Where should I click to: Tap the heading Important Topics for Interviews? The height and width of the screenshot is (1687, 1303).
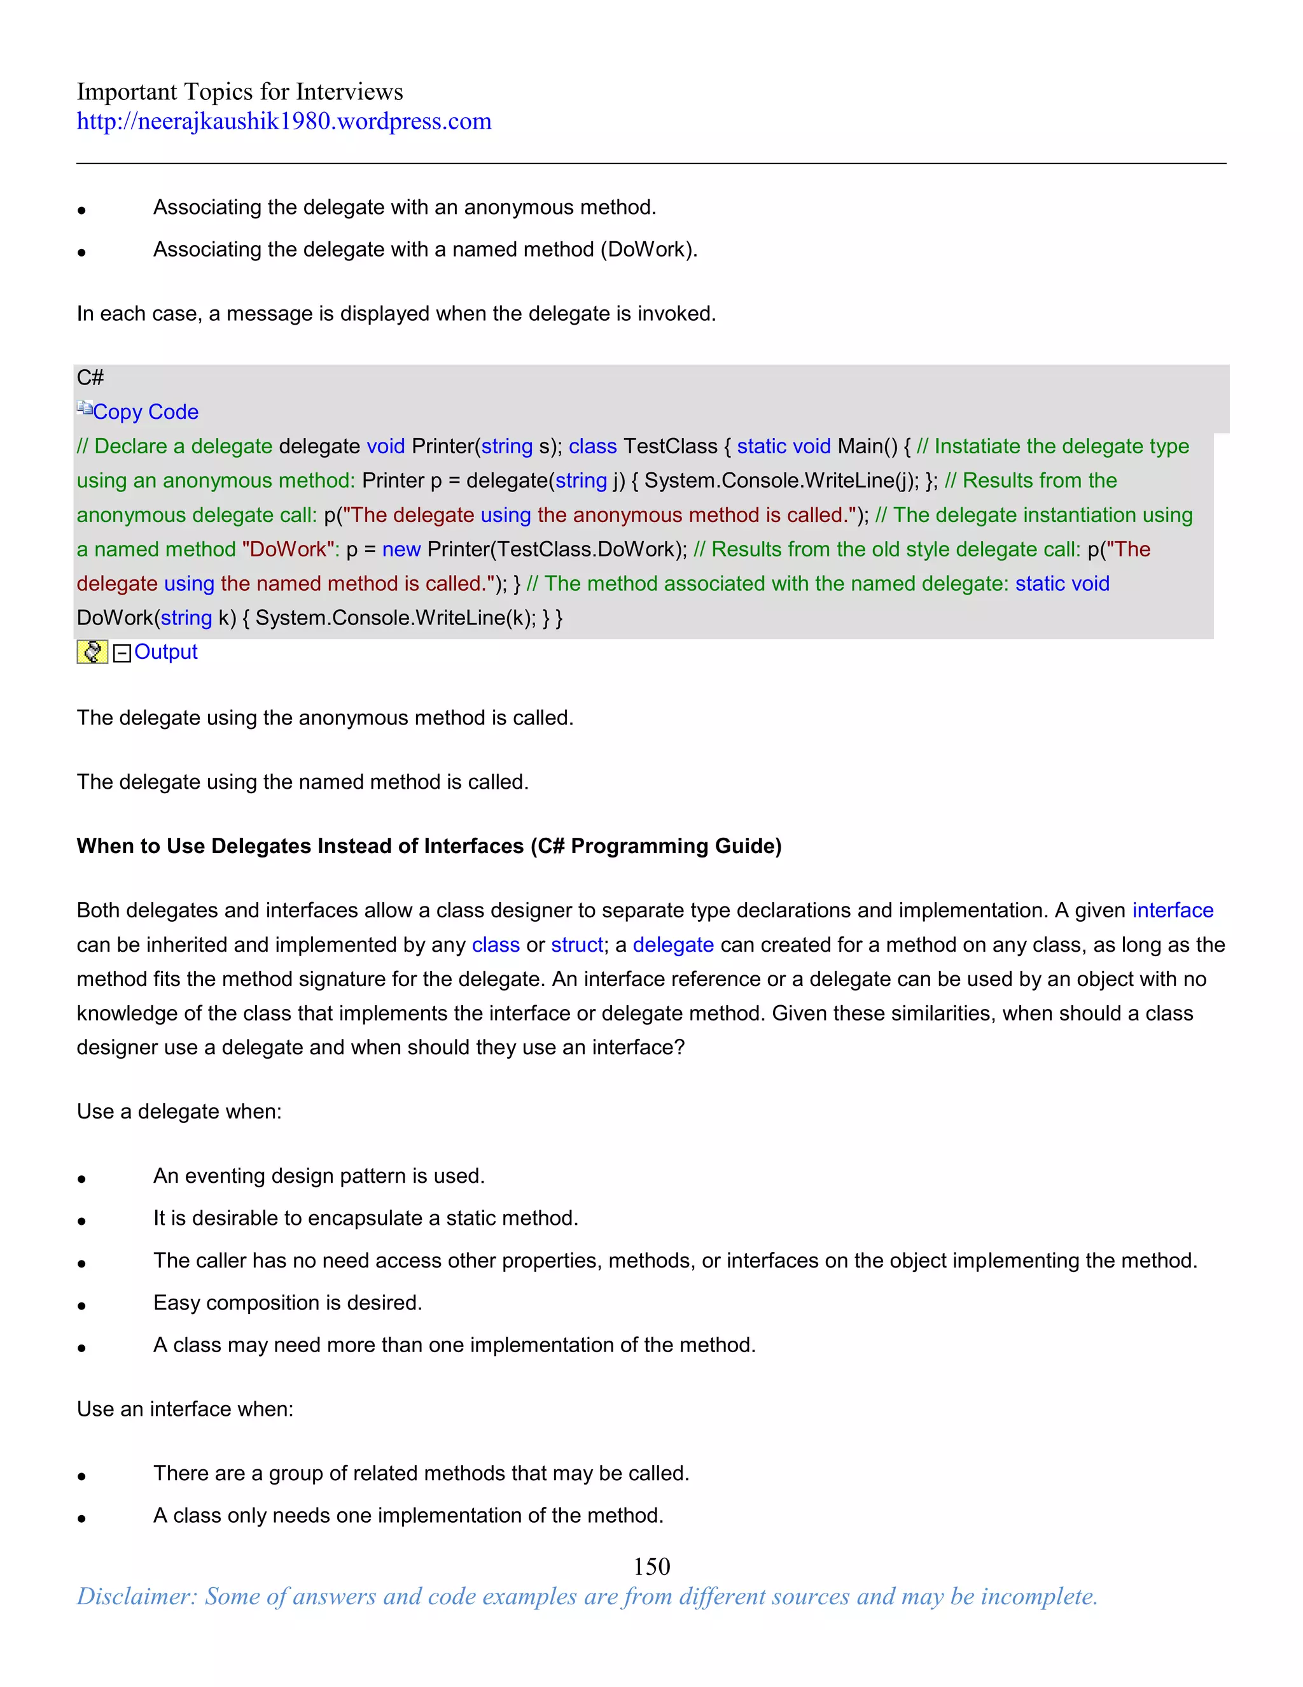click(239, 92)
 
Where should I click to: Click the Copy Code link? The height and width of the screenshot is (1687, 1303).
click(145, 412)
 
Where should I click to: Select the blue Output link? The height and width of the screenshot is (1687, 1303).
click(165, 652)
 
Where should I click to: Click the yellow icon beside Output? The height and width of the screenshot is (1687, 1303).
click(92, 652)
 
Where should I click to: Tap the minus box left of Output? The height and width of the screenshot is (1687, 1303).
click(122, 654)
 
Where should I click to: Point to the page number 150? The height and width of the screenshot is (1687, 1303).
click(651, 1567)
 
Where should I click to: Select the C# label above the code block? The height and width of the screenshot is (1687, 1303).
click(90, 378)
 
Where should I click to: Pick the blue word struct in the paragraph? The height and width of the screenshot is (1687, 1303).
click(576, 945)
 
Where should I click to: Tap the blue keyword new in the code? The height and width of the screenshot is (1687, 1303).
click(401, 549)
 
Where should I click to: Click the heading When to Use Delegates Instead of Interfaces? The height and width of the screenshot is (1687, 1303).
click(428, 846)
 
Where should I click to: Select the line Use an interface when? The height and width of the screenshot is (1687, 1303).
click(185, 1409)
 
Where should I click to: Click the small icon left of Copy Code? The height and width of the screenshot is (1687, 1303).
click(84, 408)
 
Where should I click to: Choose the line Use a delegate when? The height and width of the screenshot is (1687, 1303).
click(179, 1112)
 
